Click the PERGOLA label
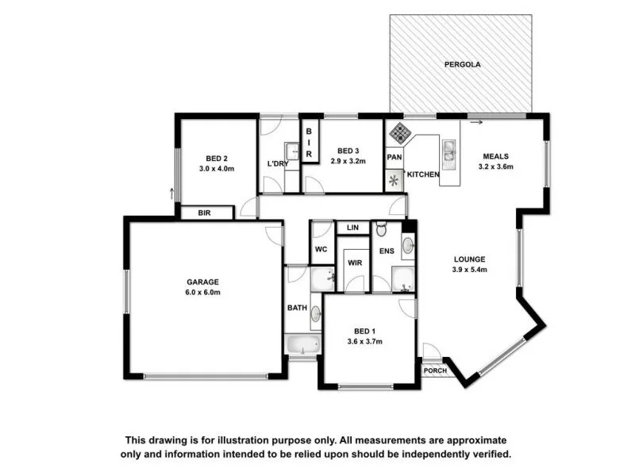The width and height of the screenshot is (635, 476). click(462, 63)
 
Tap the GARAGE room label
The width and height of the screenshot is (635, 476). click(202, 282)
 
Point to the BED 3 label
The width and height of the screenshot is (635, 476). click(348, 151)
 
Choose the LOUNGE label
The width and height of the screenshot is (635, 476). click(469, 259)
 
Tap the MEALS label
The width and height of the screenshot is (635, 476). click(493, 156)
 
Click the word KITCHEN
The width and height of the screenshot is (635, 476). click(422, 175)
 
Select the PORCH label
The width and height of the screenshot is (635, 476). click(434, 370)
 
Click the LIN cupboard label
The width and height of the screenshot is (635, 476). click(353, 228)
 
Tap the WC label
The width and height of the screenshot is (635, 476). click(321, 249)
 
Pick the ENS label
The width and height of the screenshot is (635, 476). click(386, 251)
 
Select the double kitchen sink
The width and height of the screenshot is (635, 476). click(449, 155)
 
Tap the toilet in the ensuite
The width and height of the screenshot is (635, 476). click(381, 231)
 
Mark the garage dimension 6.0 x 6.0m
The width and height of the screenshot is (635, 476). click(202, 292)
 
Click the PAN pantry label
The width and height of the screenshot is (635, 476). click(394, 157)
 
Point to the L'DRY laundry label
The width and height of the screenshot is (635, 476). click(277, 164)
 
